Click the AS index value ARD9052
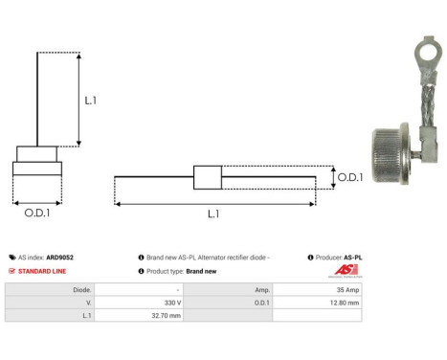[x=60, y=258]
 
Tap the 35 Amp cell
[x=346, y=288]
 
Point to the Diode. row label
[x=82, y=288]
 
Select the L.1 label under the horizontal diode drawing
[x=212, y=214]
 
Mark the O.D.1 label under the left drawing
[x=37, y=213]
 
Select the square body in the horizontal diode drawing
[x=207, y=177]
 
